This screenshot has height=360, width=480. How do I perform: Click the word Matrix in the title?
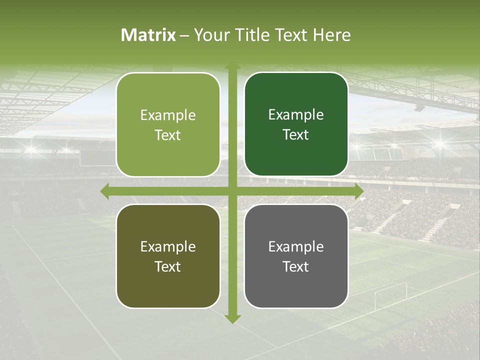pos(148,35)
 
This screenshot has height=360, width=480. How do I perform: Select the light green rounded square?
pos(168,124)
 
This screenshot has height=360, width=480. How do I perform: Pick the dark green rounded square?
pos(296,124)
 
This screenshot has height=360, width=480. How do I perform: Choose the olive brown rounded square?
pos(168,256)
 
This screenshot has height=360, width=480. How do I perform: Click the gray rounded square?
pos(296,256)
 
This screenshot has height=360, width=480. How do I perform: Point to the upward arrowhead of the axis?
pos(232,66)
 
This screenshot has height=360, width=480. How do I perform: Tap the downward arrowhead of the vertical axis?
pos(232,318)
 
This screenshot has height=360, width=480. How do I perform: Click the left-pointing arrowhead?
pos(104,191)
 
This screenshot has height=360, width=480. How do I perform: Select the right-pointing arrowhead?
pos(359,191)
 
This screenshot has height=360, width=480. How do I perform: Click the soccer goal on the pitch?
pos(390,295)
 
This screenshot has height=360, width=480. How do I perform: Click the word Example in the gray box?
pos(296,246)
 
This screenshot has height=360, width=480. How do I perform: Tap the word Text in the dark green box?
pos(296,134)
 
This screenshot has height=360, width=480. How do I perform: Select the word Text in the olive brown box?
pos(168,266)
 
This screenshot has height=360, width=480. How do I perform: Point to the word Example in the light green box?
pos(168,115)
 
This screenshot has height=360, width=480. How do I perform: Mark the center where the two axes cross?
pos(232,191)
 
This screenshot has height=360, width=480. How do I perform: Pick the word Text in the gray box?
pos(296,266)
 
